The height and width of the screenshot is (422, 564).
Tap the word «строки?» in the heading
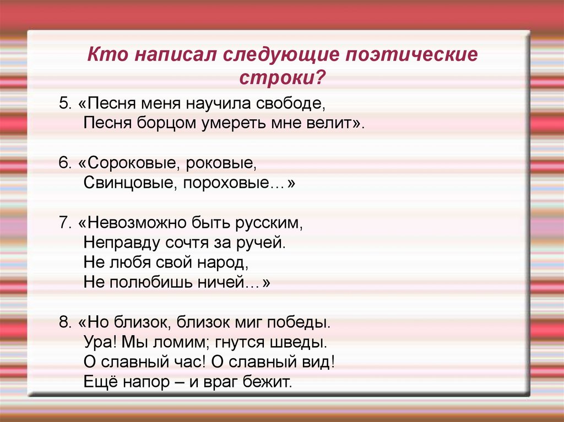(x=281, y=77)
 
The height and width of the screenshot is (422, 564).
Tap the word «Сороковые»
(x=130, y=163)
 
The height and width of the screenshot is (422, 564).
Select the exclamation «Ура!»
(x=99, y=342)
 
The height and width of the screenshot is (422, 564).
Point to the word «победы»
(x=299, y=322)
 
